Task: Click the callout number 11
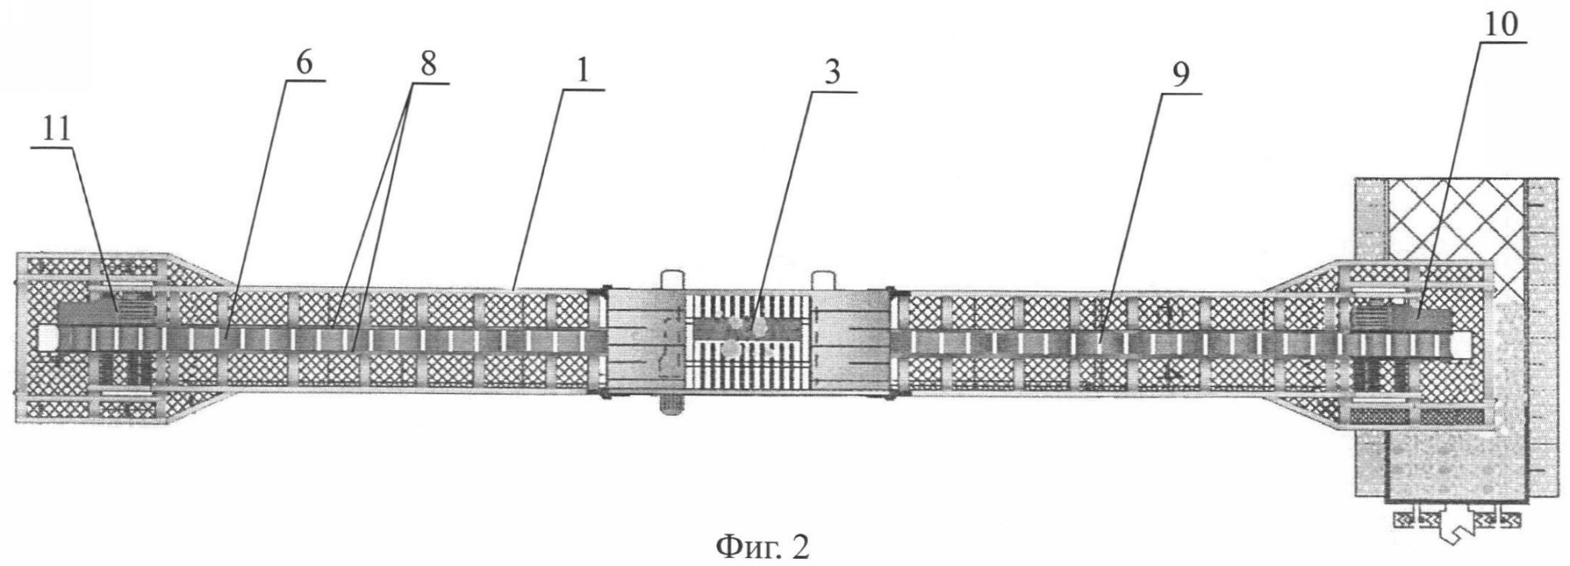click(x=56, y=131)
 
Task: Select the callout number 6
click(x=303, y=64)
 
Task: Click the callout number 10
click(x=1501, y=25)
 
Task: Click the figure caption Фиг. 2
click(x=762, y=547)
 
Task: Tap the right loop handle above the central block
click(x=823, y=279)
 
